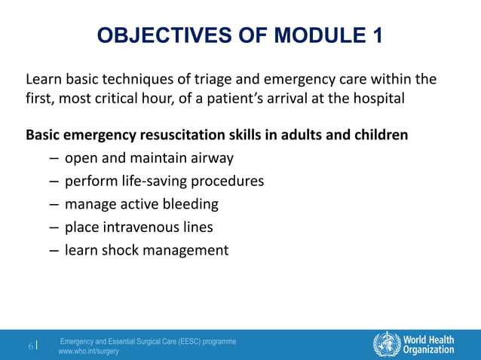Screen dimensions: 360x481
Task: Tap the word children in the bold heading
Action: tap(381, 136)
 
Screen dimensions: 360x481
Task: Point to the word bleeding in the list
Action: tap(191, 204)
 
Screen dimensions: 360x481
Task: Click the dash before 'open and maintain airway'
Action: tap(54, 159)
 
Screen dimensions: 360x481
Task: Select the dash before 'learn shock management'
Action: tap(54, 249)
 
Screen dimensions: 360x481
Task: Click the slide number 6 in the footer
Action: tap(31, 346)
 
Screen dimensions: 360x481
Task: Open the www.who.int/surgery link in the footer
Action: tap(89, 352)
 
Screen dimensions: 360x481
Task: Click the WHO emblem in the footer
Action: tap(387, 344)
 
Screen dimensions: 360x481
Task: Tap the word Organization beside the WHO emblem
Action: tap(428, 350)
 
